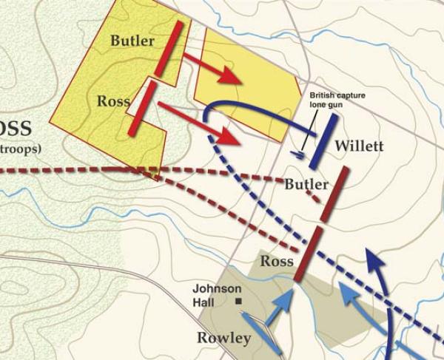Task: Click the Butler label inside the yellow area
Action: [x=132, y=41]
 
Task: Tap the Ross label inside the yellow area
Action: [x=113, y=101]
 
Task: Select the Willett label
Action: [x=359, y=146]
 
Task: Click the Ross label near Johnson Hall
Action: [x=277, y=261]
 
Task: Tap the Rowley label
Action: [x=224, y=338]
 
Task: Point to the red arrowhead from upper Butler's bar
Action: [x=233, y=75]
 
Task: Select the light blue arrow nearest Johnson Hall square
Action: [x=283, y=305]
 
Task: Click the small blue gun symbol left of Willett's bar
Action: [x=297, y=154]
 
